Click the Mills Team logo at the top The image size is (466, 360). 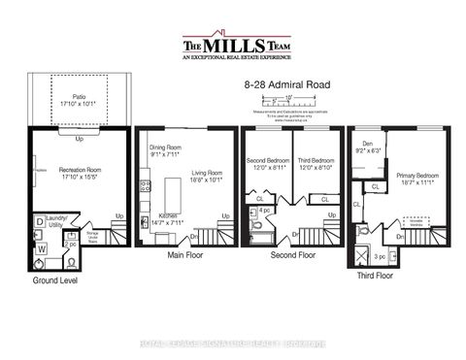pos(232,49)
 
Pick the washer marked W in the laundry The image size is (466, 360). pos(41,247)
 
